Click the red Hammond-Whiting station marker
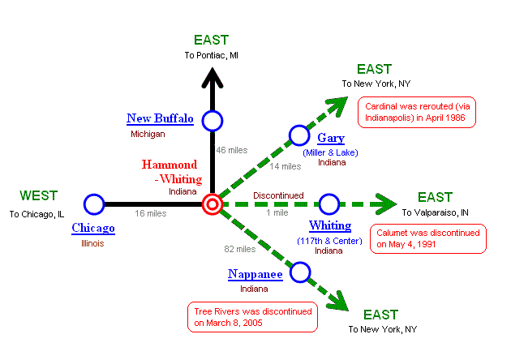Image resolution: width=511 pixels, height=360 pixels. (x=213, y=203)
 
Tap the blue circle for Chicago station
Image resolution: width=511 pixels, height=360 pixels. (x=94, y=204)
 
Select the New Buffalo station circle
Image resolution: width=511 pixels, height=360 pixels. (x=213, y=121)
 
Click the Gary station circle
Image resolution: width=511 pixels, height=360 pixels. (x=299, y=135)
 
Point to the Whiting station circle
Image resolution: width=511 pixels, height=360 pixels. (x=328, y=204)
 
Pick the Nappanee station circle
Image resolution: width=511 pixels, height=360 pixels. (x=301, y=272)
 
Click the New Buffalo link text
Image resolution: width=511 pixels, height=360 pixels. (x=160, y=118)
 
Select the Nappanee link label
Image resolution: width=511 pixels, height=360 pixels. (x=255, y=275)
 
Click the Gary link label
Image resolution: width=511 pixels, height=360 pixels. (x=331, y=138)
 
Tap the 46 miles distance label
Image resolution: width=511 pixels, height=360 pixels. (x=231, y=150)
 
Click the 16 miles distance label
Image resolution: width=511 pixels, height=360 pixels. (x=151, y=214)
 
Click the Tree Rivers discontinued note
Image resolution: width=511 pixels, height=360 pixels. (x=251, y=317)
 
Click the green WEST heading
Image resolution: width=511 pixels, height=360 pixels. (x=38, y=195)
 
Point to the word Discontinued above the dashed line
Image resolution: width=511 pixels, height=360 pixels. (x=278, y=195)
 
